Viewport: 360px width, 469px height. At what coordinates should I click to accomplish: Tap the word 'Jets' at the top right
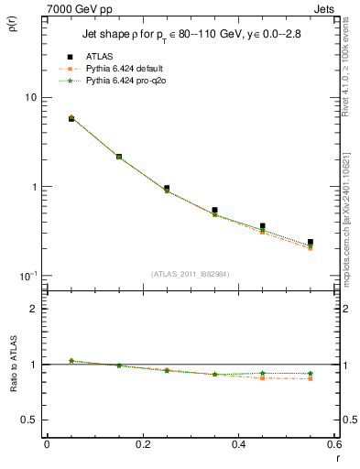(326, 7)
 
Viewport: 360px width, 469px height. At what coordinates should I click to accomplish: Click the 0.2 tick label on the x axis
(142, 444)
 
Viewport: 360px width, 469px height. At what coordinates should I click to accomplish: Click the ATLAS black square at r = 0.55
(311, 243)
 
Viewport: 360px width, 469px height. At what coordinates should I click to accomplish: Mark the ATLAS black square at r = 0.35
(214, 210)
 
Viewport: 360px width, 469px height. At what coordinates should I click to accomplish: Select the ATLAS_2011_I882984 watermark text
(190, 273)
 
